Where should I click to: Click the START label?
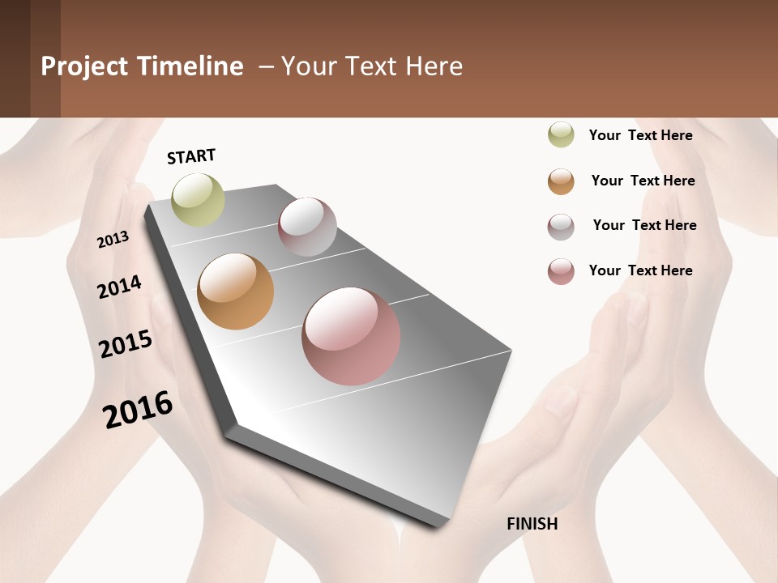click(x=191, y=156)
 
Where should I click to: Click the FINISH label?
click(x=532, y=524)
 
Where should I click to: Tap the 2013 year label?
click(x=113, y=240)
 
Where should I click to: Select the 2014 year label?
click(x=119, y=287)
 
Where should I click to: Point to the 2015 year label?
click(x=126, y=344)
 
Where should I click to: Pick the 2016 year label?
click(x=138, y=410)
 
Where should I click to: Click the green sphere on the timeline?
click(x=198, y=199)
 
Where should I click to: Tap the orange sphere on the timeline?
click(x=236, y=291)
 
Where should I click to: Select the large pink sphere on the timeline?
click(x=351, y=336)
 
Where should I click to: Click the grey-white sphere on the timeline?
click(x=307, y=227)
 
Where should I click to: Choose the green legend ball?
click(x=561, y=135)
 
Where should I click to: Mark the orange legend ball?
click(x=561, y=181)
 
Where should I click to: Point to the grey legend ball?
click(x=561, y=227)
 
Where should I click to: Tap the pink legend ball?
click(x=561, y=271)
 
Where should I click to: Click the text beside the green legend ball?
click(x=640, y=135)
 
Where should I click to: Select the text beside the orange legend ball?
click(x=643, y=181)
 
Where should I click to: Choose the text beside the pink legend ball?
click(x=640, y=270)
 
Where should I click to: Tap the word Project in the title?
click(x=85, y=66)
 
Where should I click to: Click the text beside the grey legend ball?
click(x=644, y=225)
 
